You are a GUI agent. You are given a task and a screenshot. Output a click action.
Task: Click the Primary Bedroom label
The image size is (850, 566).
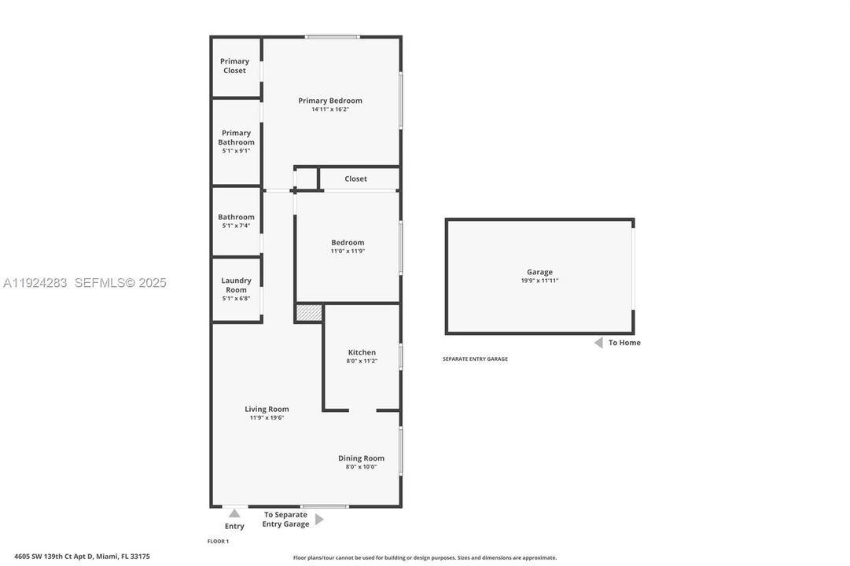coord(330,101)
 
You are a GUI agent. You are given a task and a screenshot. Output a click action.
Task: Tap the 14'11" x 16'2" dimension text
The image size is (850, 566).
coord(330,110)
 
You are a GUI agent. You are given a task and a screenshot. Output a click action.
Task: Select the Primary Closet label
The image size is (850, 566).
coord(234,66)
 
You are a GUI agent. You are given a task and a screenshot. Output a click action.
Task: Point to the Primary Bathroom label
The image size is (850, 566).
coord(236,138)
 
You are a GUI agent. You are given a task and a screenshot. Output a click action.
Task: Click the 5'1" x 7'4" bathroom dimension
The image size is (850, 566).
coord(236,226)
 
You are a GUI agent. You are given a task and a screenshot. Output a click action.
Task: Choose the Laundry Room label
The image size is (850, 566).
coord(236,285)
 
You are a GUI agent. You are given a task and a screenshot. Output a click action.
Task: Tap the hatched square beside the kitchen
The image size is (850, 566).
coord(309,313)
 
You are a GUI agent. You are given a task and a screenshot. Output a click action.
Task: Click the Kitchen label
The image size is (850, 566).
coord(362,352)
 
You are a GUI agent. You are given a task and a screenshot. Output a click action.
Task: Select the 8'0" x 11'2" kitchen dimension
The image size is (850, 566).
coord(362,362)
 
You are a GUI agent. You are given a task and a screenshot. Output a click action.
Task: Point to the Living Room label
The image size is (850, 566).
coord(267,409)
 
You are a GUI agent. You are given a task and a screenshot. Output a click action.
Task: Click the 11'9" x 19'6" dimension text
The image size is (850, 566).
coord(267,418)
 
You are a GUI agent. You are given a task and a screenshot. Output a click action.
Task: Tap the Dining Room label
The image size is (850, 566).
coord(361,458)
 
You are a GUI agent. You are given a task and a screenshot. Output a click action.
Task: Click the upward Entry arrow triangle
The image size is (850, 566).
coord(234,513)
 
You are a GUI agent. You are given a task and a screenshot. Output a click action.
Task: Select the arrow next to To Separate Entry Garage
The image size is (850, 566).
coord(319,520)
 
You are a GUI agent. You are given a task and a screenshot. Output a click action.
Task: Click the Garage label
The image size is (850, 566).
coord(539,272)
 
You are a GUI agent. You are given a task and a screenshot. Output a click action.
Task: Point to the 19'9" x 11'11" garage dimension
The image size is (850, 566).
coord(539,281)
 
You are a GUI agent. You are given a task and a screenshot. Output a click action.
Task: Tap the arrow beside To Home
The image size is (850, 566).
coord(598,343)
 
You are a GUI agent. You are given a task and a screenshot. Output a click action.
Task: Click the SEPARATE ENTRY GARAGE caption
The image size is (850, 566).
coord(475,359)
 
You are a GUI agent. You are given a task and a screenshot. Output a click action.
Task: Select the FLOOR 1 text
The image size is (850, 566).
coord(218,542)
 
